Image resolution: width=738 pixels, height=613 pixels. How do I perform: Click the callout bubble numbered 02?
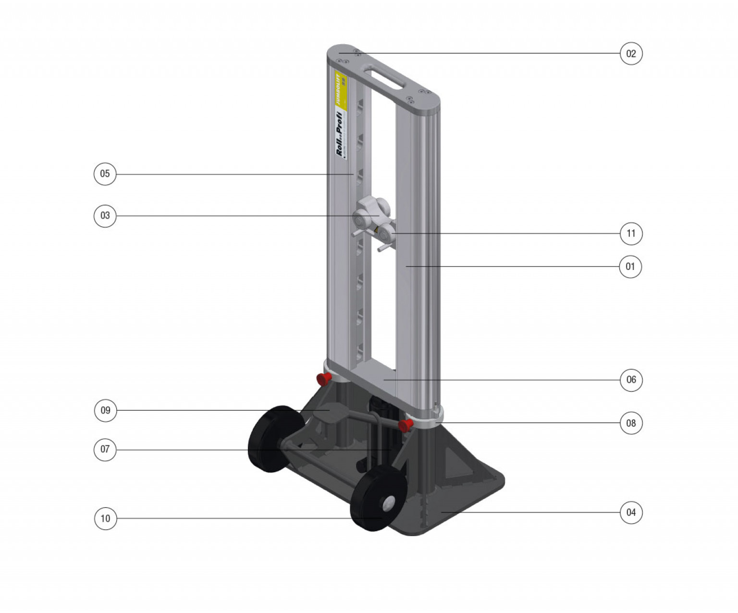click(631, 53)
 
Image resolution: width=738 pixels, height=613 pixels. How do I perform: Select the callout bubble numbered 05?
click(105, 174)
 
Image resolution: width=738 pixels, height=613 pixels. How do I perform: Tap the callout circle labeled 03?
click(105, 216)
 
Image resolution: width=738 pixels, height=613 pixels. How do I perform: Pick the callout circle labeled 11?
click(631, 233)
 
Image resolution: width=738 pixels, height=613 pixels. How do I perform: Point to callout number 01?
click(630, 267)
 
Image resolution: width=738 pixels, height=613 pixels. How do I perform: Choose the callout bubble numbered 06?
click(631, 380)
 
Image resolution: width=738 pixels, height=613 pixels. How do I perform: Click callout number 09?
click(105, 410)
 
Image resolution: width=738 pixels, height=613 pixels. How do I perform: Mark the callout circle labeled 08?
click(631, 423)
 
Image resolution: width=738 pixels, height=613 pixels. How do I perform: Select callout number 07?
click(105, 450)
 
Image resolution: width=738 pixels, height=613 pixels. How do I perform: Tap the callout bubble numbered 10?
click(105, 518)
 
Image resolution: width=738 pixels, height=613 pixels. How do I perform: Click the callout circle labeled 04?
click(631, 513)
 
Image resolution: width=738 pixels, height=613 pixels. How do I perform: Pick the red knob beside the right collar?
click(406, 425)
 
